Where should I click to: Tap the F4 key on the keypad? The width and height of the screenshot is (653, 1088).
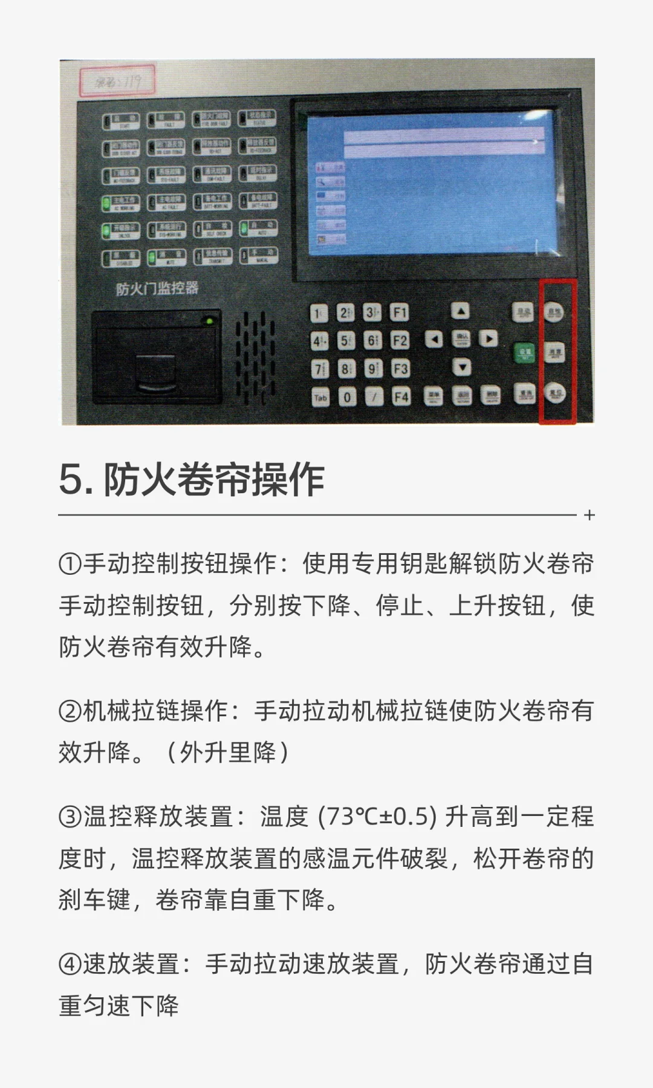pyautogui.click(x=400, y=397)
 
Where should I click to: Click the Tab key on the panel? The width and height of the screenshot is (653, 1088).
pyautogui.click(x=320, y=397)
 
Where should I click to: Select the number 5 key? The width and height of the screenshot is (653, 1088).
pyautogui.click(x=345, y=341)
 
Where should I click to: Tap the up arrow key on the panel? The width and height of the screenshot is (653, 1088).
pyautogui.click(x=461, y=311)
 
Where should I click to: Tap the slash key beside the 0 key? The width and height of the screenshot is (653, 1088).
pyautogui.click(x=374, y=397)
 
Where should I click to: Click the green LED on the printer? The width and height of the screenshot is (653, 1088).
pyautogui.click(x=209, y=321)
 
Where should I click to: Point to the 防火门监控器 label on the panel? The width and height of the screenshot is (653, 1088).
pyautogui.click(x=157, y=288)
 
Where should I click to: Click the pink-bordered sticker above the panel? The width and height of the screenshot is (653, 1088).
pyautogui.click(x=117, y=81)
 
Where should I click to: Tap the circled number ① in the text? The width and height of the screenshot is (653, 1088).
pyautogui.click(x=70, y=565)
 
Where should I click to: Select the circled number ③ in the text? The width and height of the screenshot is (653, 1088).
pyautogui.click(x=70, y=817)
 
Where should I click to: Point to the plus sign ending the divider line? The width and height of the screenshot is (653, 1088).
pyautogui.click(x=590, y=516)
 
